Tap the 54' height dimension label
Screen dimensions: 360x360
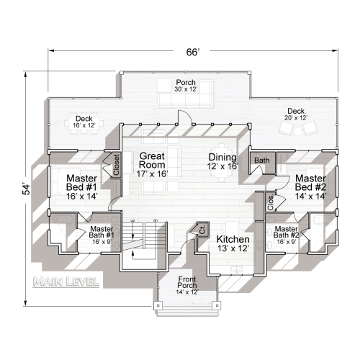pos(27,188)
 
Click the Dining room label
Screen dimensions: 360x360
pos(222,161)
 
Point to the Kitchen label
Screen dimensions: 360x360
pos(233,243)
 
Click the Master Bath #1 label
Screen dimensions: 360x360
pos(101,234)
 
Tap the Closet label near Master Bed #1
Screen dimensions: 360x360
pos(116,166)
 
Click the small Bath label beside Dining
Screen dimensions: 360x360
pos(261,161)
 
